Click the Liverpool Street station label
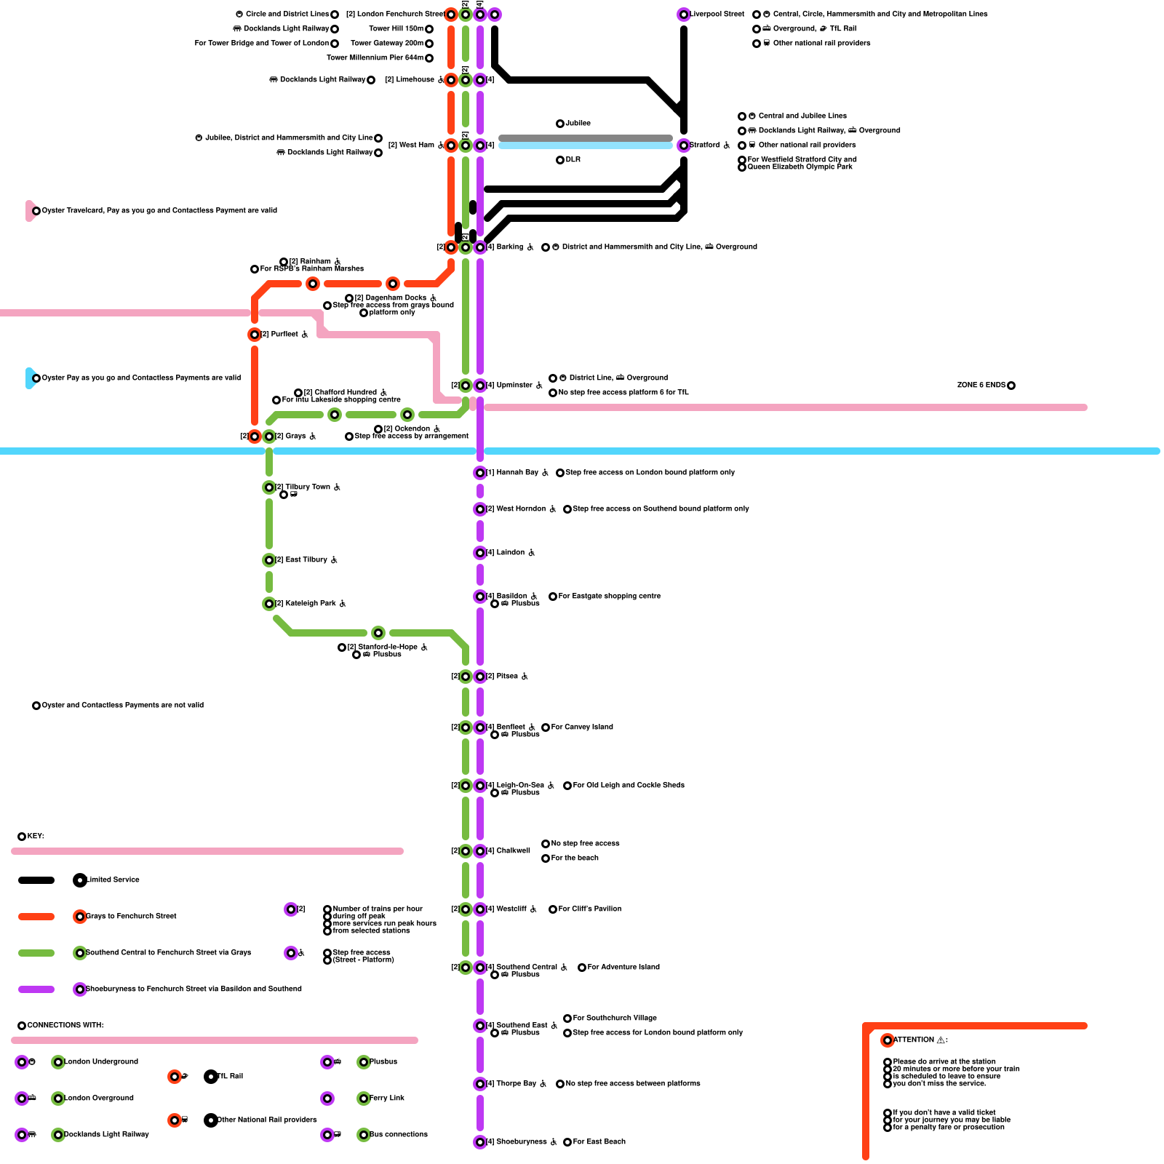(717, 15)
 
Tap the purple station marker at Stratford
(684, 145)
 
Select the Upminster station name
(514, 386)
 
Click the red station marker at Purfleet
(255, 335)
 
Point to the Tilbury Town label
(308, 487)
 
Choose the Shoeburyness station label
(521, 1142)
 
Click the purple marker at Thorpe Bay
(480, 1084)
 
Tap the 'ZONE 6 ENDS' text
(981, 386)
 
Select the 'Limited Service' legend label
(113, 880)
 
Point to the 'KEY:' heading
(36, 837)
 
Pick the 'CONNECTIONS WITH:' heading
(65, 1026)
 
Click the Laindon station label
(510, 553)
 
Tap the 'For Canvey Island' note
(582, 727)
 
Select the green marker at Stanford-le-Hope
(378, 633)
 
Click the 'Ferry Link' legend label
(386, 1099)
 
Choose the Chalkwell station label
(513, 851)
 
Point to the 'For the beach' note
(575, 858)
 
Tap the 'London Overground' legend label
(99, 1099)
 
